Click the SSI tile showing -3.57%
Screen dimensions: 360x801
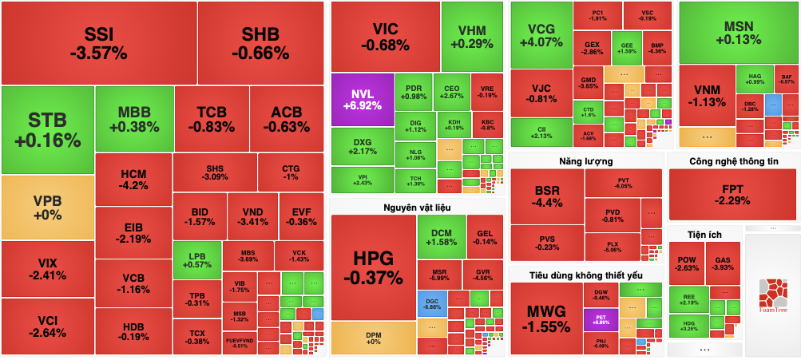click(99, 43)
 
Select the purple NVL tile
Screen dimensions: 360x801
click(362, 99)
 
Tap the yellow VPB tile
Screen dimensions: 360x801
click(47, 208)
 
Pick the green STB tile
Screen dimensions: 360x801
click(47, 129)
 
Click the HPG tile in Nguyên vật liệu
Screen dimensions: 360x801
click(373, 268)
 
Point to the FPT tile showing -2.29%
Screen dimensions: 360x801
click(732, 194)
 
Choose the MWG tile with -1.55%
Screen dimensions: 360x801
click(545, 318)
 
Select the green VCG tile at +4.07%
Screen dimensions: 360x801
click(540, 35)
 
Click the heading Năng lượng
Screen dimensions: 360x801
click(586, 161)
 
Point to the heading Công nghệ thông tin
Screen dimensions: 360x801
click(733, 161)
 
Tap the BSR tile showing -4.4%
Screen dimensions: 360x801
click(547, 196)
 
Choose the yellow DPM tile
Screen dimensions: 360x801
click(373, 337)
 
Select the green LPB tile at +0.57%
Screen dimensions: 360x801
click(196, 259)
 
